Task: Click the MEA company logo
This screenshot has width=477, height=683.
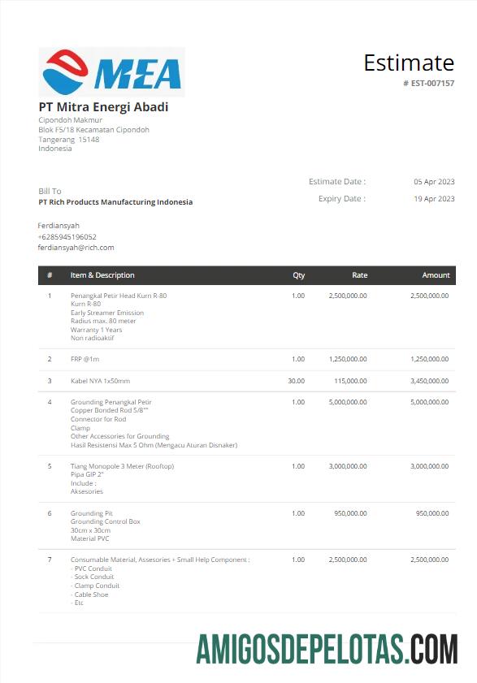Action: [x=111, y=72]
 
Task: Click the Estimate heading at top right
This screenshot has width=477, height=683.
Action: [x=408, y=63]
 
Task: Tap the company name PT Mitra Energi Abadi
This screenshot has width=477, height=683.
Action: [x=103, y=106]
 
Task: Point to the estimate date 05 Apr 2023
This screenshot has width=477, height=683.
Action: [x=434, y=182]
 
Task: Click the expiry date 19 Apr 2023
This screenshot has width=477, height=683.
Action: [x=434, y=198]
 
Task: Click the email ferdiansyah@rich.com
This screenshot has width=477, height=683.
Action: [x=76, y=247]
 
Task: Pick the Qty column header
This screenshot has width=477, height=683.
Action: [x=298, y=275]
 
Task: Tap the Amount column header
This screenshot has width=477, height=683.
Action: [x=436, y=275]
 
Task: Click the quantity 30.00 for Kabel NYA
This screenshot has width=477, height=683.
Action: [x=296, y=380]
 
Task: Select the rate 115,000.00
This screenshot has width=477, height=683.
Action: [x=350, y=380]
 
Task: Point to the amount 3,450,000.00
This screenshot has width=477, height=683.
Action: [x=429, y=380]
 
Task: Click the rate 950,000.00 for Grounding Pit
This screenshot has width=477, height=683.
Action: [x=350, y=513]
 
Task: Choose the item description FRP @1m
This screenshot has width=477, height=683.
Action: [x=85, y=359]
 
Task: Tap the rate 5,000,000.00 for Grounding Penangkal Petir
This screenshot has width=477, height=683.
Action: [x=348, y=402]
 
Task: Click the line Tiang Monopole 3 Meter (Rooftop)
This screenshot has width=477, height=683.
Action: [x=122, y=466]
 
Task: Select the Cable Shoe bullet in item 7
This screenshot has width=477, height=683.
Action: [x=91, y=594]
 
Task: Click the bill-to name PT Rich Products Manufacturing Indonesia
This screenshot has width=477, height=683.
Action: [x=115, y=202]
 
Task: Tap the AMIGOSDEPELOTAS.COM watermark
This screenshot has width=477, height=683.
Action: [x=327, y=649]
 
